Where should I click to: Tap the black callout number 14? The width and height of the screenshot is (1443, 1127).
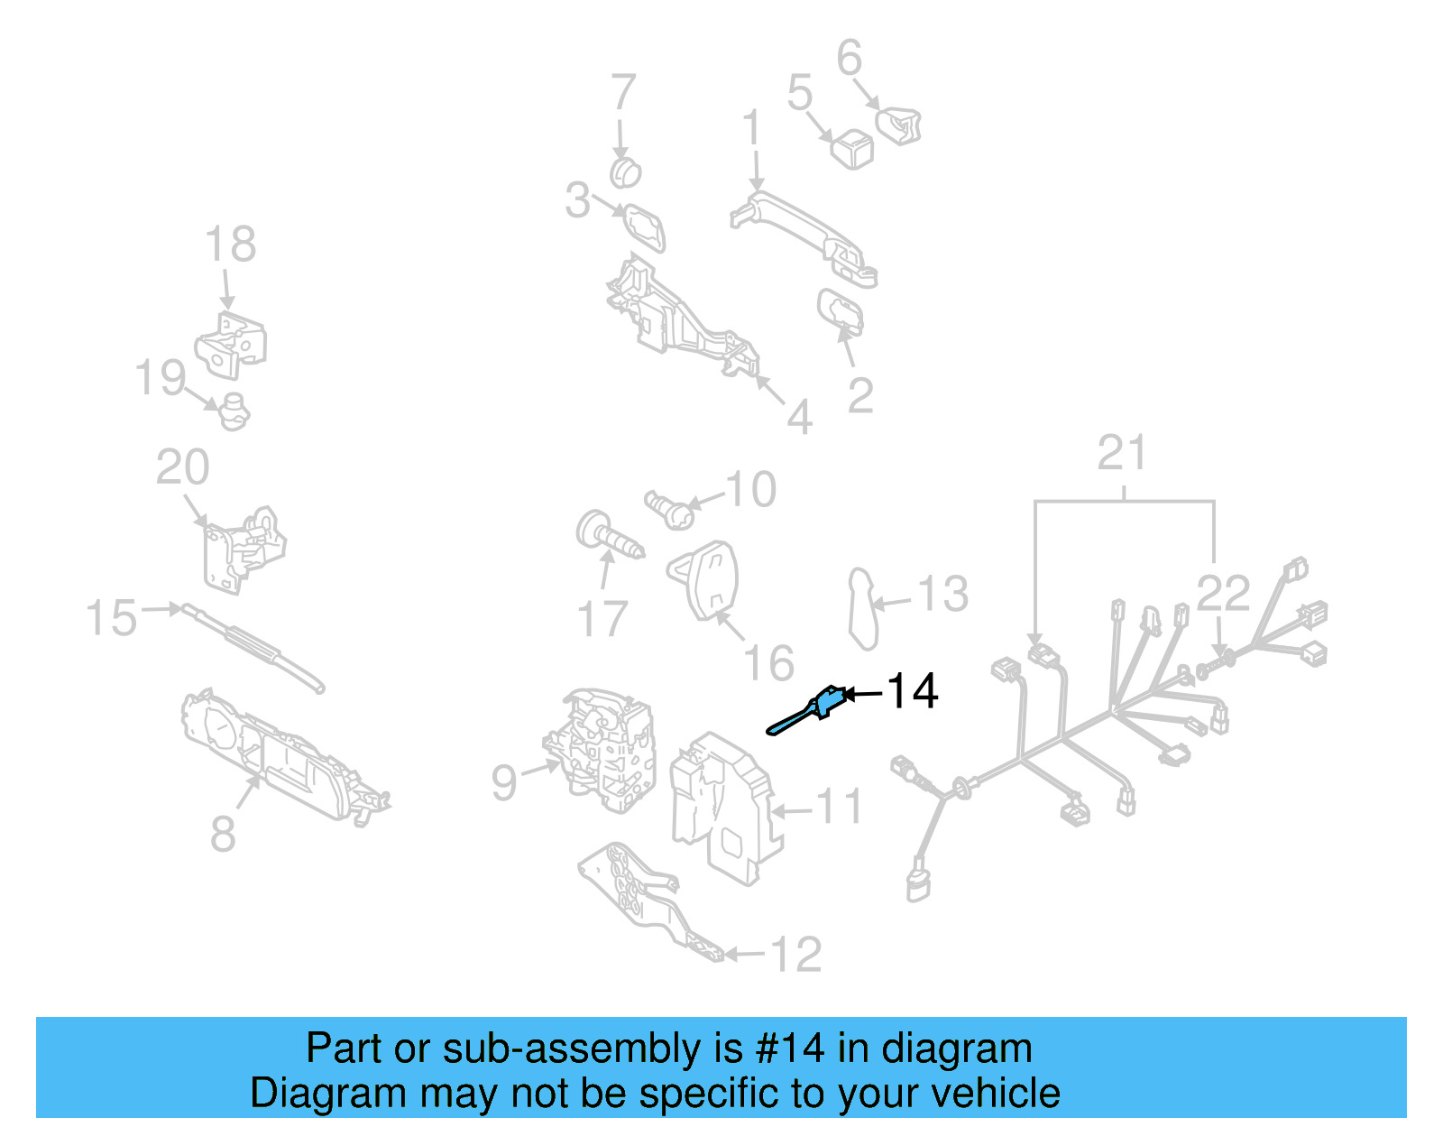(913, 692)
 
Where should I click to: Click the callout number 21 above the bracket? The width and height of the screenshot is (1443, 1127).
(1122, 453)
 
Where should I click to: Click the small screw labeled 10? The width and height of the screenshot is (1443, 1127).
(669, 510)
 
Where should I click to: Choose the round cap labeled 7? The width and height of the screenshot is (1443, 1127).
(624, 171)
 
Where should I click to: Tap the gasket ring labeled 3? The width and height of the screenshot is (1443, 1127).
(646, 226)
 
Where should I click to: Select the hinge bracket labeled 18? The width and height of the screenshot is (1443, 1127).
(232, 346)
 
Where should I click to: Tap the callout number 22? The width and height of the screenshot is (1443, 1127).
(1223, 594)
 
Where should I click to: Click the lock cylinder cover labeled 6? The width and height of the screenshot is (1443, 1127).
(899, 125)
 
